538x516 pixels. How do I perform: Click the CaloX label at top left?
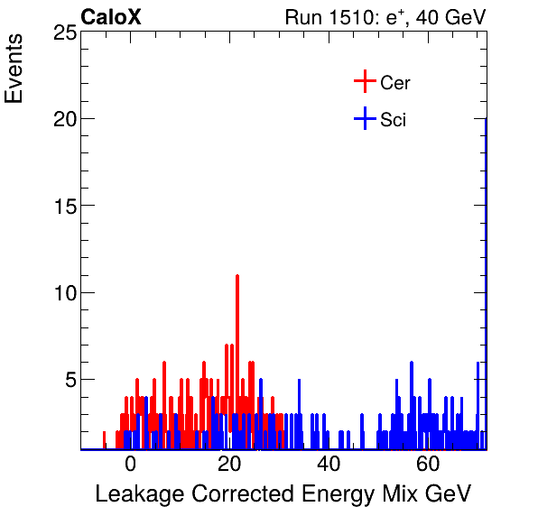point(111,17)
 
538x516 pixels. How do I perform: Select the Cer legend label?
point(395,83)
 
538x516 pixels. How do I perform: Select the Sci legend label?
point(394,119)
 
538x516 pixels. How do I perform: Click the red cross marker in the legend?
point(364,82)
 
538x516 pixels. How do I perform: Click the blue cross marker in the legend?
point(364,118)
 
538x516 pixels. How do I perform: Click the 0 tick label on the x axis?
point(130,465)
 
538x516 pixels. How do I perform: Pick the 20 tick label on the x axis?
point(229,465)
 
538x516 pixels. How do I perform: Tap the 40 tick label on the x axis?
point(329,465)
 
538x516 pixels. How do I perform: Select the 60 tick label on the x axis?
point(428,465)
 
